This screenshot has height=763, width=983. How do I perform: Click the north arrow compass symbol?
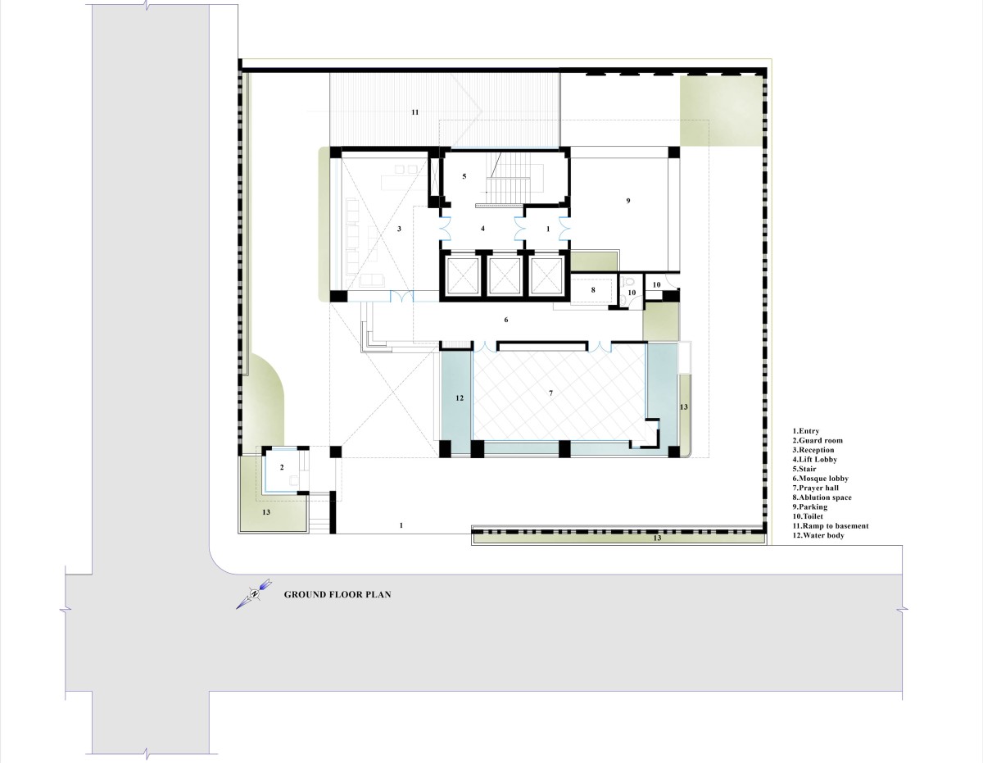254,593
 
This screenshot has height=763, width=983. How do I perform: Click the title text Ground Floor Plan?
337,595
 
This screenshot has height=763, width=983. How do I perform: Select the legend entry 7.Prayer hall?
816,488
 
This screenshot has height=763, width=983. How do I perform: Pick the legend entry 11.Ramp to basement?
831,526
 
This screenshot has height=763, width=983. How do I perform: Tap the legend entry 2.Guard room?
818,440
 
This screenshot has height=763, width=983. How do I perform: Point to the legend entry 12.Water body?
818,535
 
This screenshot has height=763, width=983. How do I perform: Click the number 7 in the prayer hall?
551,393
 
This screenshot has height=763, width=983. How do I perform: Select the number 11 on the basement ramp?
414,112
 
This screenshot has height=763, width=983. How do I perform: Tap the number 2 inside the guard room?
282,467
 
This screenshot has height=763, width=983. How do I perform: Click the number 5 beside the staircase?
464,176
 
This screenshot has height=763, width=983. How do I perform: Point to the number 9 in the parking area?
627,201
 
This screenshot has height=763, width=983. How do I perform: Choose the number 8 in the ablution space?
593,289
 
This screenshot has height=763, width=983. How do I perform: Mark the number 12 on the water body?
460,398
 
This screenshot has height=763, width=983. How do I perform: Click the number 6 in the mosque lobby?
505,320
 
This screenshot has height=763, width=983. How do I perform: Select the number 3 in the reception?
399,229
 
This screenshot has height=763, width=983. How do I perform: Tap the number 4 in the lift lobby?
482,229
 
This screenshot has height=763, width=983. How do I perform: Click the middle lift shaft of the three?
504,276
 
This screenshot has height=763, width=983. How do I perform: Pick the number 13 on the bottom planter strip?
657,538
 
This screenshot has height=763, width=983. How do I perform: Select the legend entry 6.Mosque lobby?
820,479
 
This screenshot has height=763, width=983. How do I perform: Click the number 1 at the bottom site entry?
401,525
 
